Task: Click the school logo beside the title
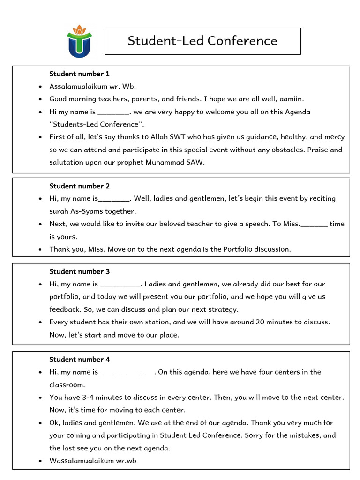[x=79, y=41]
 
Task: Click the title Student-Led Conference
[x=202, y=41]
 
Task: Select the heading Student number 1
[x=79, y=74]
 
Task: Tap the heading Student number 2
[x=79, y=186]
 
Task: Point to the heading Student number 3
[x=79, y=271]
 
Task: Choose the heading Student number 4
[x=79, y=360]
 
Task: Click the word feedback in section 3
[x=65, y=309]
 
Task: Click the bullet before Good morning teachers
[x=41, y=99]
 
